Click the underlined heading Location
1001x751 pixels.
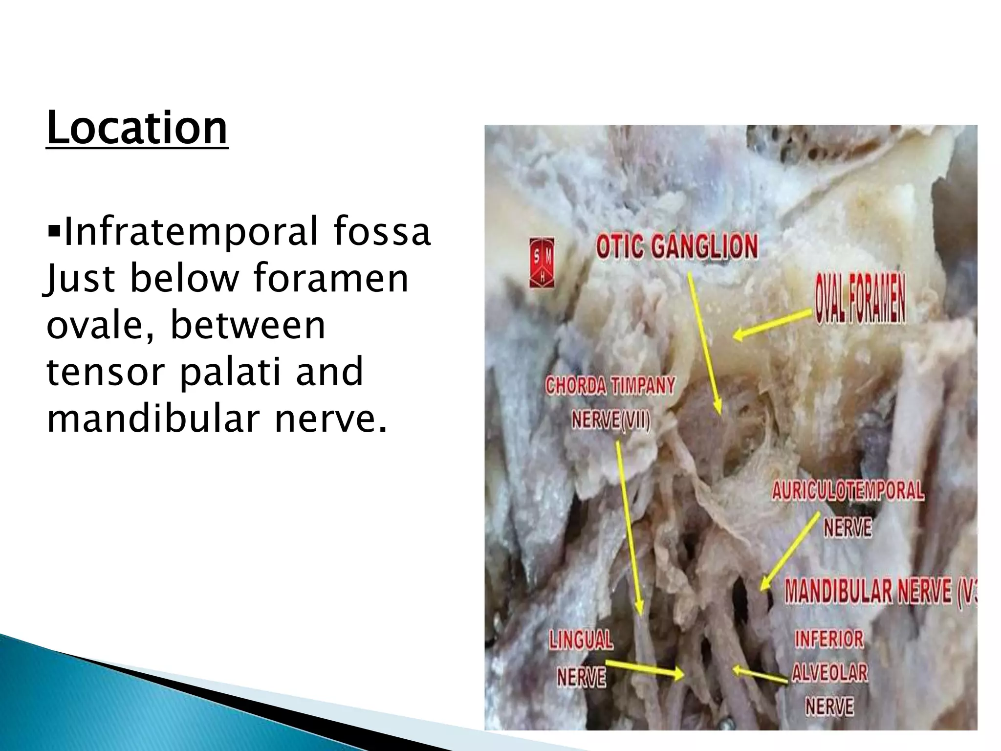[x=137, y=128]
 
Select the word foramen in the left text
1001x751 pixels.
[x=331, y=278]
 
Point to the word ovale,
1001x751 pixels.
[x=101, y=325]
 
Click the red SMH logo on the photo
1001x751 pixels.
[x=542, y=263]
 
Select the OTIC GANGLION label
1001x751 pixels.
[x=677, y=246]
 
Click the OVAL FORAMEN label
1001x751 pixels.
[x=860, y=298]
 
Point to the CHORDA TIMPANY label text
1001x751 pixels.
[x=610, y=386]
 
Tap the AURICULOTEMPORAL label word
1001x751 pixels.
[x=848, y=490]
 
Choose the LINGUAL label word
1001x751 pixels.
[x=581, y=640]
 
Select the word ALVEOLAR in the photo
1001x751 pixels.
[x=829, y=673]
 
